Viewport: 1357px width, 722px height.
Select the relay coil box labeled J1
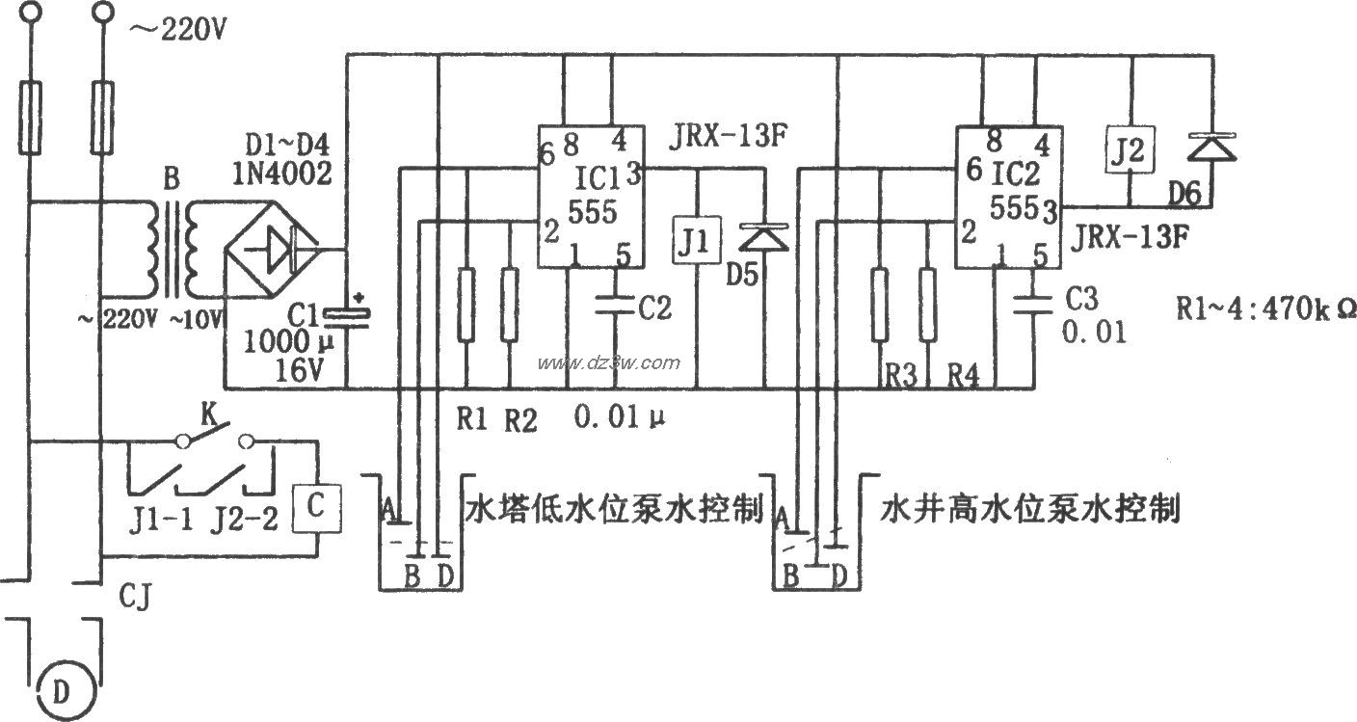[696, 241]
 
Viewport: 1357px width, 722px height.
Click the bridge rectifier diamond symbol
[274, 249]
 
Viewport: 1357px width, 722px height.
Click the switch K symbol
[213, 441]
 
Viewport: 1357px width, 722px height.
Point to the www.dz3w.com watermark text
[608, 363]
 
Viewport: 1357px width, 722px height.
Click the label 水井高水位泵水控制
[1029, 508]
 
